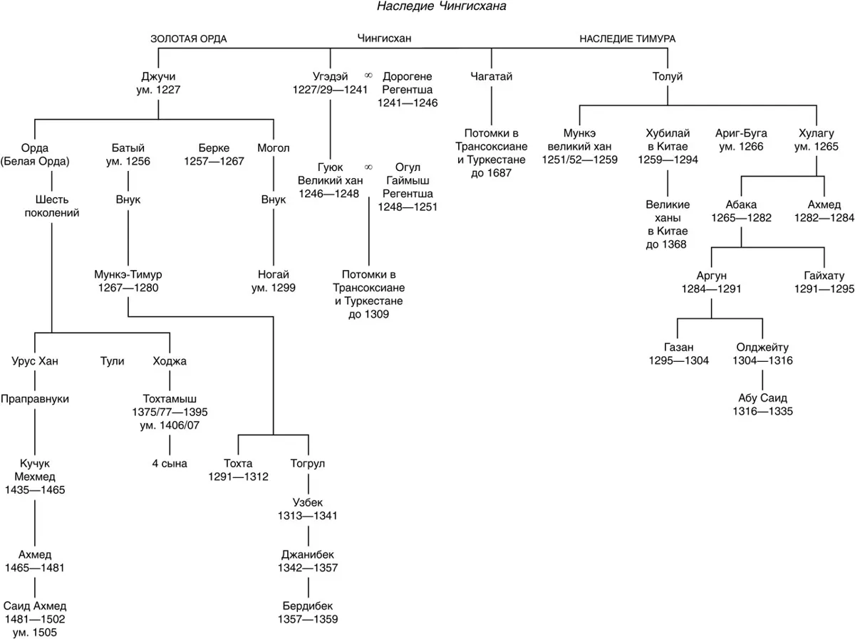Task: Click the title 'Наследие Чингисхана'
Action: (441, 6)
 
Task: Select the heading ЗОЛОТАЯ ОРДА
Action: (189, 39)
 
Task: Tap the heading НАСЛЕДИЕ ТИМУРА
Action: (628, 39)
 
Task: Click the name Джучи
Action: (158, 77)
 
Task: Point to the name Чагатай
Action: (491, 76)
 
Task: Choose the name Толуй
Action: (668, 76)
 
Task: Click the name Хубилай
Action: (668, 133)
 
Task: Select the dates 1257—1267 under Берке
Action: (214, 161)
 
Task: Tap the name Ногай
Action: (273, 274)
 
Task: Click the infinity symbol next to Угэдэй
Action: (368, 75)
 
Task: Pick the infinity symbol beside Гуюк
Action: (368, 167)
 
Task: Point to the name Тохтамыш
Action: (170, 399)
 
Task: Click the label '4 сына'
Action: (170, 463)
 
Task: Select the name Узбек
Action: (308, 502)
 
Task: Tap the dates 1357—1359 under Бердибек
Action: (308, 619)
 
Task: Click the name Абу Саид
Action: (762, 398)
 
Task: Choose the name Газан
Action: (678, 347)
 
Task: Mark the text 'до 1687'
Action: (491, 173)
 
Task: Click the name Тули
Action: (112, 361)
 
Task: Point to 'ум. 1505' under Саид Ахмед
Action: (35, 633)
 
